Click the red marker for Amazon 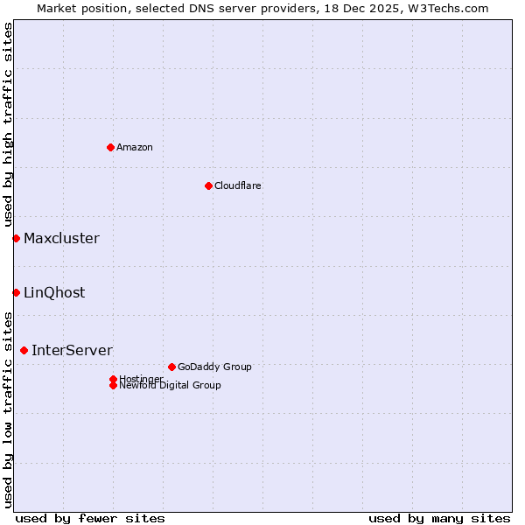pyautogui.click(x=110, y=147)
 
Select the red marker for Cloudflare pyautogui.click(x=208, y=185)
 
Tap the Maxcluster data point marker pyautogui.click(x=16, y=238)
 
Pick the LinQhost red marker pyautogui.click(x=16, y=292)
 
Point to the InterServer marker pyautogui.click(x=24, y=350)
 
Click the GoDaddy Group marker pyautogui.click(x=171, y=367)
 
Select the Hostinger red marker pyautogui.click(x=113, y=379)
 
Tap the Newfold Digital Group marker pyautogui.click(x=113, y=385)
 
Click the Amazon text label pyautogui.click(x=135, y=147)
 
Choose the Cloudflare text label pyautogui.click(x=238, y=185)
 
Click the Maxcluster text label pyautogui.click(x=61, y=238)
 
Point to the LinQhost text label pyautogui.click(x=54, y=292)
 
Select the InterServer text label pyautogui.click(x=72, y=350)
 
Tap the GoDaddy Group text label pyautogui.click(x=214, y=367)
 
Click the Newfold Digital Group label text pyautogui.click(x=171, y=386)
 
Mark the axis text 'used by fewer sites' pyautogui.click(x=90, y=518)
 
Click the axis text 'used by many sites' pyautogui.click(x=439, y=518)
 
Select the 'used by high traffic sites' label pyautogui.click(x=8, y=125)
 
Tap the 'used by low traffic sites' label pyautogui.click(x=8, y=409)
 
